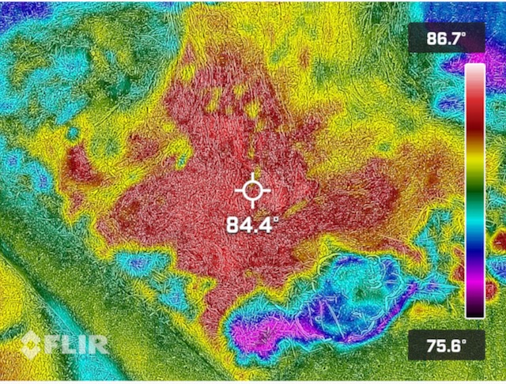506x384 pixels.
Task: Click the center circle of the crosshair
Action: pyautogui.click(x=252, y=190)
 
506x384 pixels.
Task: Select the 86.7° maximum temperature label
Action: pyautogui.click(x=447, y=38)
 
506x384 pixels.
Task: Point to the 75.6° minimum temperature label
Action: pyautogui.click(x=447, y=345)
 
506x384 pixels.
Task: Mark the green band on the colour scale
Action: pyautogui.click(x=474, y=194)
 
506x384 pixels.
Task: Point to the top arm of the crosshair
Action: pyautogui.click(x=252, y=176)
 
